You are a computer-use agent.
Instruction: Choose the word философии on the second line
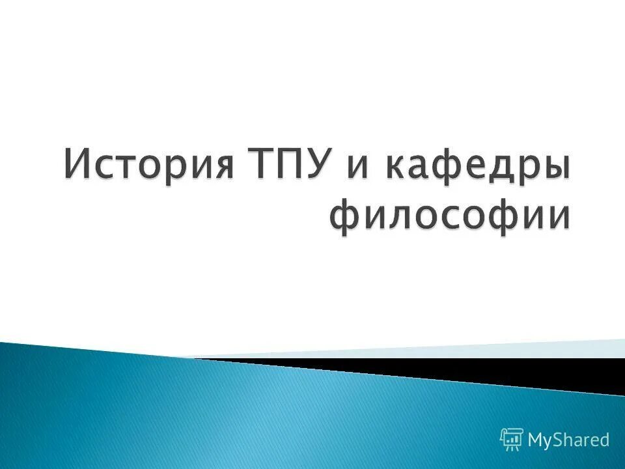pos(450,216)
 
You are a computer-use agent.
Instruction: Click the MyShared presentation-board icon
pos(512,440)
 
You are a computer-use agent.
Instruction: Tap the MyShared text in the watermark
pos(568,440)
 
